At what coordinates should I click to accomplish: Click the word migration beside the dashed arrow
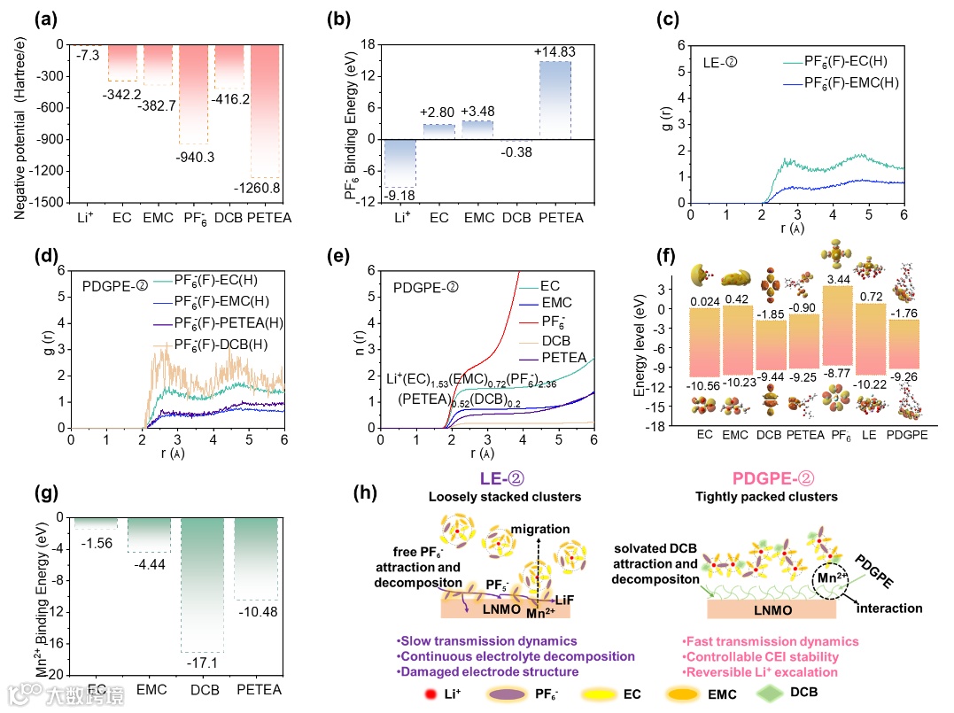click(540, 529)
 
